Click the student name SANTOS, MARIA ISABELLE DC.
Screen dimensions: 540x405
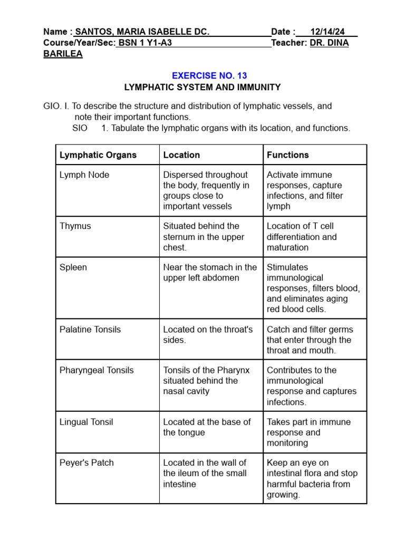142,32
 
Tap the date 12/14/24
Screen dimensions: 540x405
327,32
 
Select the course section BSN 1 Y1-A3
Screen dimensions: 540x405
144,43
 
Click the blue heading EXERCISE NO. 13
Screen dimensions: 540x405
209,75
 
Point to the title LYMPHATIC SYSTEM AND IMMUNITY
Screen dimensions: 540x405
202,87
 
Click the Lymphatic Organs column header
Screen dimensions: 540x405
98,155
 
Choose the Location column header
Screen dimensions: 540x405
181,155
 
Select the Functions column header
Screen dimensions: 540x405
288,155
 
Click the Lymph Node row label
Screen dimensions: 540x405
84,175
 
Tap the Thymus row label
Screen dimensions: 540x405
75,226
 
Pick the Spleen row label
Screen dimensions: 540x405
73,267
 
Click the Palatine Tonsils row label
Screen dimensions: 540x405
90,330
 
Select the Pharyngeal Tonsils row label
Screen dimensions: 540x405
97,370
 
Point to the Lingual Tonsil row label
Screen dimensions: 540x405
86,422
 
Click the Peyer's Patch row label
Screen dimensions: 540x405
86,463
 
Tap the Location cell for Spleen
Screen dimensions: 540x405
210,273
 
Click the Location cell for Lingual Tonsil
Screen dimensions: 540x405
207,427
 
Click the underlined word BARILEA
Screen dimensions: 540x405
63,54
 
